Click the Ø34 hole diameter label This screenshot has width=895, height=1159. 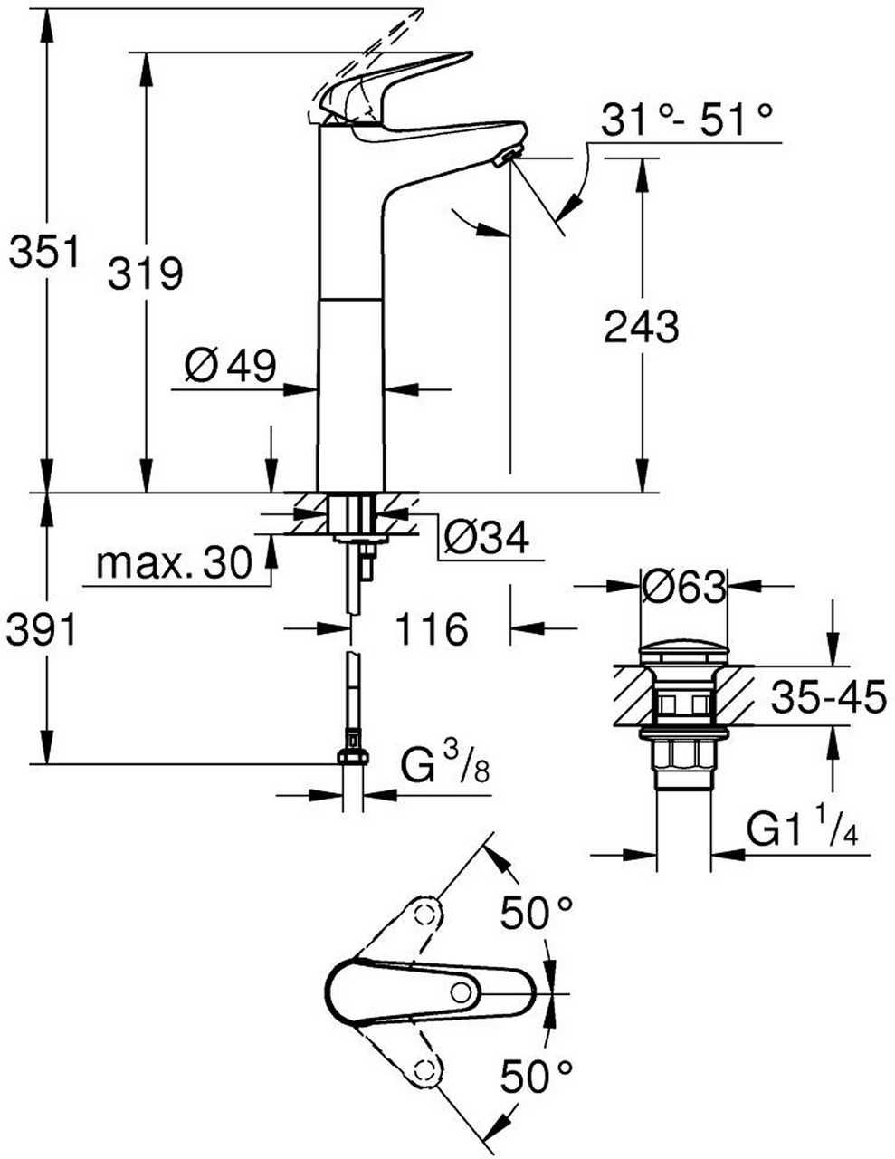click(x=485, y=539)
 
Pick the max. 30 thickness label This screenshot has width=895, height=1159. click(x=173, y=565)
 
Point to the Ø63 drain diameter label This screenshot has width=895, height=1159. click(x=682, y=589)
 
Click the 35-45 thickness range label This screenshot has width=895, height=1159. click(x=828, y=698)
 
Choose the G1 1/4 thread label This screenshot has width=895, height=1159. click(x=802, y=829)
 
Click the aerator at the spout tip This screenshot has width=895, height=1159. click(x=508, y=158)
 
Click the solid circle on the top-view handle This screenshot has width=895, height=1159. click(x=462, y=992)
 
